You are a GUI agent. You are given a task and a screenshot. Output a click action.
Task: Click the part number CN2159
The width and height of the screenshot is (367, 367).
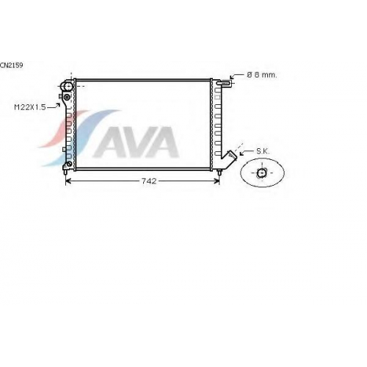[12, 65]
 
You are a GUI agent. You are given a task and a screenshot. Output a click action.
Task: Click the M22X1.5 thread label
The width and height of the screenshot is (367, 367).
[30, 107]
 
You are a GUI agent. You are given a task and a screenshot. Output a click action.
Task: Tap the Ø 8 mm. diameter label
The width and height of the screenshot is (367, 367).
[262, 75]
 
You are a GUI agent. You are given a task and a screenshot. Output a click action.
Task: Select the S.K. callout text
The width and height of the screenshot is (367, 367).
[263, 151]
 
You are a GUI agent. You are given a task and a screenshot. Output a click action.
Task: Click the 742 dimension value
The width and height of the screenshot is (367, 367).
[149, 181]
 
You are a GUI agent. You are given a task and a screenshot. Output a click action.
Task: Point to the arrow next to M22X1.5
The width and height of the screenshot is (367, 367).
[54, 106]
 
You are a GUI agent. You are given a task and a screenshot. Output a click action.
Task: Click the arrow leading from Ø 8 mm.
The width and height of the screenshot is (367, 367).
[233, 76]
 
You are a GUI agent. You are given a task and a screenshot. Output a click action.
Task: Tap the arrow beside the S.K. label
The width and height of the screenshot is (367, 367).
[246, 152]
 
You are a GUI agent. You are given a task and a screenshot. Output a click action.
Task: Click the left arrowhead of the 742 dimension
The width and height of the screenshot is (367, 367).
[68, 181]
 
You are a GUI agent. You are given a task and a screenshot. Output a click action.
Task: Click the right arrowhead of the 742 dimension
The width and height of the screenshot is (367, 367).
[217, 181]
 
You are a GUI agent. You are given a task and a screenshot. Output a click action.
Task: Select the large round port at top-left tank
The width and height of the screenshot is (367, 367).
[68, 87]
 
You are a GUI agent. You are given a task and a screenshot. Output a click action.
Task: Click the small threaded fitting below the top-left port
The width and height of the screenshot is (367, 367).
[67, 98]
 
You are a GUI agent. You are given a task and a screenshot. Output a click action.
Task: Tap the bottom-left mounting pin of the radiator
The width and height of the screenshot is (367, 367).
[65, 172]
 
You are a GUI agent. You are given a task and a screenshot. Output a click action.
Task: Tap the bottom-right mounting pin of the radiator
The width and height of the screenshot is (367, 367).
[219, 172]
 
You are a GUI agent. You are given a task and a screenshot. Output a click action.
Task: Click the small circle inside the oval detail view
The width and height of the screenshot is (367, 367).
[261, 172]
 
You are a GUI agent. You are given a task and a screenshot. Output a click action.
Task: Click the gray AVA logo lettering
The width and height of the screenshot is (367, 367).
[136, 142]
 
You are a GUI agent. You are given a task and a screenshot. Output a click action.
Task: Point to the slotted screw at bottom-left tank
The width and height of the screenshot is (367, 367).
[69, 164]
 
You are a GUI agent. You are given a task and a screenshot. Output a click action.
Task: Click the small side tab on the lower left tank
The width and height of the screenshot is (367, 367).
[64, 149]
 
